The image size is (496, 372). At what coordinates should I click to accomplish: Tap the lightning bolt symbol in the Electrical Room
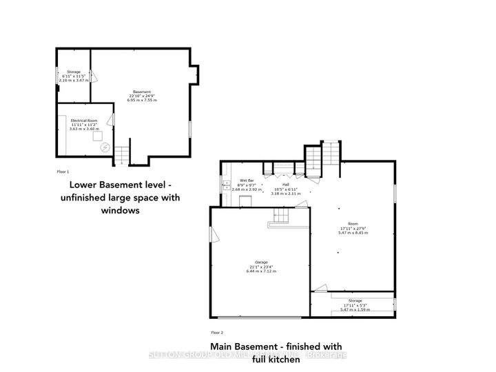105,147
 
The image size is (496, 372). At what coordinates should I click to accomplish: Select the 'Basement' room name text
142,92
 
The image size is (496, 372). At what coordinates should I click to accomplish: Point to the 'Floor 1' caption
63,170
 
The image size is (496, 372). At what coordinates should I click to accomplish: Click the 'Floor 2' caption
217,332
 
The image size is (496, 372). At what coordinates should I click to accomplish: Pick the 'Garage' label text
261,262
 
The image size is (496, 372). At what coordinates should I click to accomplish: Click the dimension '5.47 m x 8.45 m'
353,233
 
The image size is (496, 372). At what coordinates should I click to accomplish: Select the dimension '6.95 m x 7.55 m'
142,101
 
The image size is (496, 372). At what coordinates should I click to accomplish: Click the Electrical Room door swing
112,121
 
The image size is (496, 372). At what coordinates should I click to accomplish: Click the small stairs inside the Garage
283,216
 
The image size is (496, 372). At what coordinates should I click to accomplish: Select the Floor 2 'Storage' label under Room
354,300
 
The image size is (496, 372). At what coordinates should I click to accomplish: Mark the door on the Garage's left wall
214,236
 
